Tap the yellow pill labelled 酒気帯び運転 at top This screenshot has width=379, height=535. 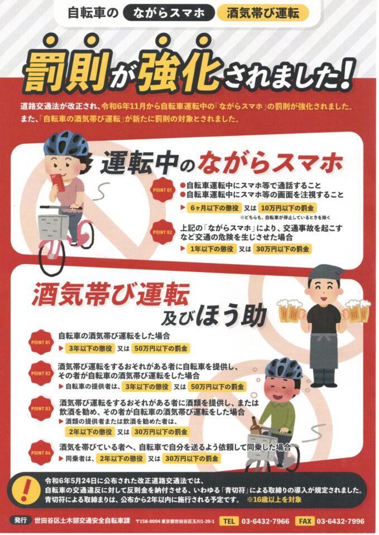(x=262, y=13)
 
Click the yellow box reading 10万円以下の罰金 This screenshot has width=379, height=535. (x=287, y=207)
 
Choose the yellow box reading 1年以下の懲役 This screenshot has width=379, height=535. (x=212, y=249)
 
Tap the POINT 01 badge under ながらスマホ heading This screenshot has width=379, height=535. (x=162, y=190)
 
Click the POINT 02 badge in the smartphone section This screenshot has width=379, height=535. (x=162, y=232)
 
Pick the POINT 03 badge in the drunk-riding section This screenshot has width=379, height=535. (x=41, y=408)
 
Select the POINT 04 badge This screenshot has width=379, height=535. (x=41, y=453)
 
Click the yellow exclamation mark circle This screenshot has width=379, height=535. (x=26, y=488)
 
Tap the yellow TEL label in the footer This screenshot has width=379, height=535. (x=229, y=521)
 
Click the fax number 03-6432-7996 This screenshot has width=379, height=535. (x=340, y=522)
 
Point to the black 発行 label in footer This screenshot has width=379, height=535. (x=21, y=521)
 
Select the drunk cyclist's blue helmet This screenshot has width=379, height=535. (x=284, y=369)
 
